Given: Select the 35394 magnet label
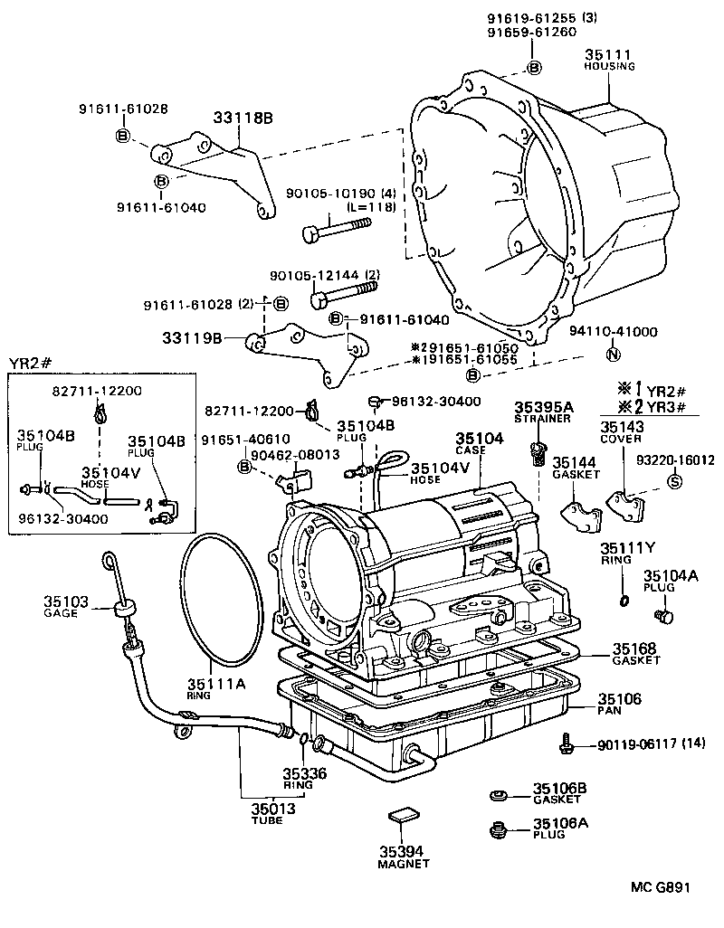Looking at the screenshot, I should tap(402, 851).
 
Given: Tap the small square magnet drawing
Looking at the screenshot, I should tap(401, 816).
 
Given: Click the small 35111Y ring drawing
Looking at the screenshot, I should tap(624, 601).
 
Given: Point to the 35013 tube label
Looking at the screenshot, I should tap(268, 809).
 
